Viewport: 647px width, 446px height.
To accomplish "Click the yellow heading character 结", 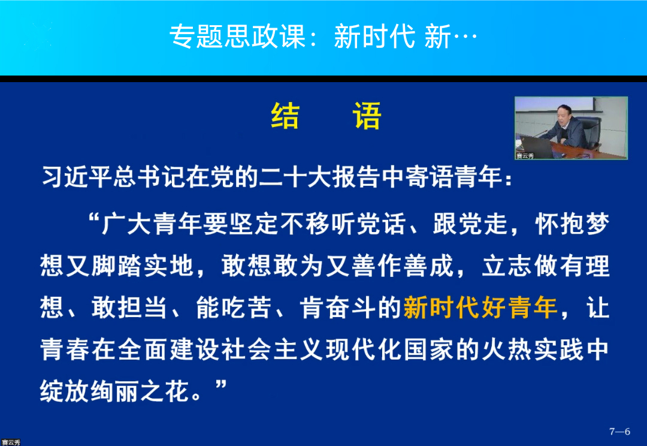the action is pyautogui.click(x=285, y=116).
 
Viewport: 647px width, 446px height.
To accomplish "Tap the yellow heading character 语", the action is pyautogui.click(x=367, y=116).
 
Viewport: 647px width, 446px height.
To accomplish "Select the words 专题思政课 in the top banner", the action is pyautogui.click(x=238, y=37).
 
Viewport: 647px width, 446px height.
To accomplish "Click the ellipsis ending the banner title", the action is pyautogui.click(x=465, y=37).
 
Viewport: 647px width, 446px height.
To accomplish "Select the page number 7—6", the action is pyautogui.click(x=619, y=432).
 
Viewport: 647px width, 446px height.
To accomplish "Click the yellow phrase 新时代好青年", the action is pyautogui.click(x=480, y=308).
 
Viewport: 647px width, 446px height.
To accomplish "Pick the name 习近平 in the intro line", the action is pyautogui.click(x=76, y=177).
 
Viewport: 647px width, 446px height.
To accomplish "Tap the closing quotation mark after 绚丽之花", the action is pyautogui.click(x=220, y=385).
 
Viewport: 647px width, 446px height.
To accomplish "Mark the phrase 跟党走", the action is pyautogui.click(x=470, y=224).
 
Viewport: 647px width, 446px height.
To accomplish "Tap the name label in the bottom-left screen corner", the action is pyautogui.click(x=11, y=442).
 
